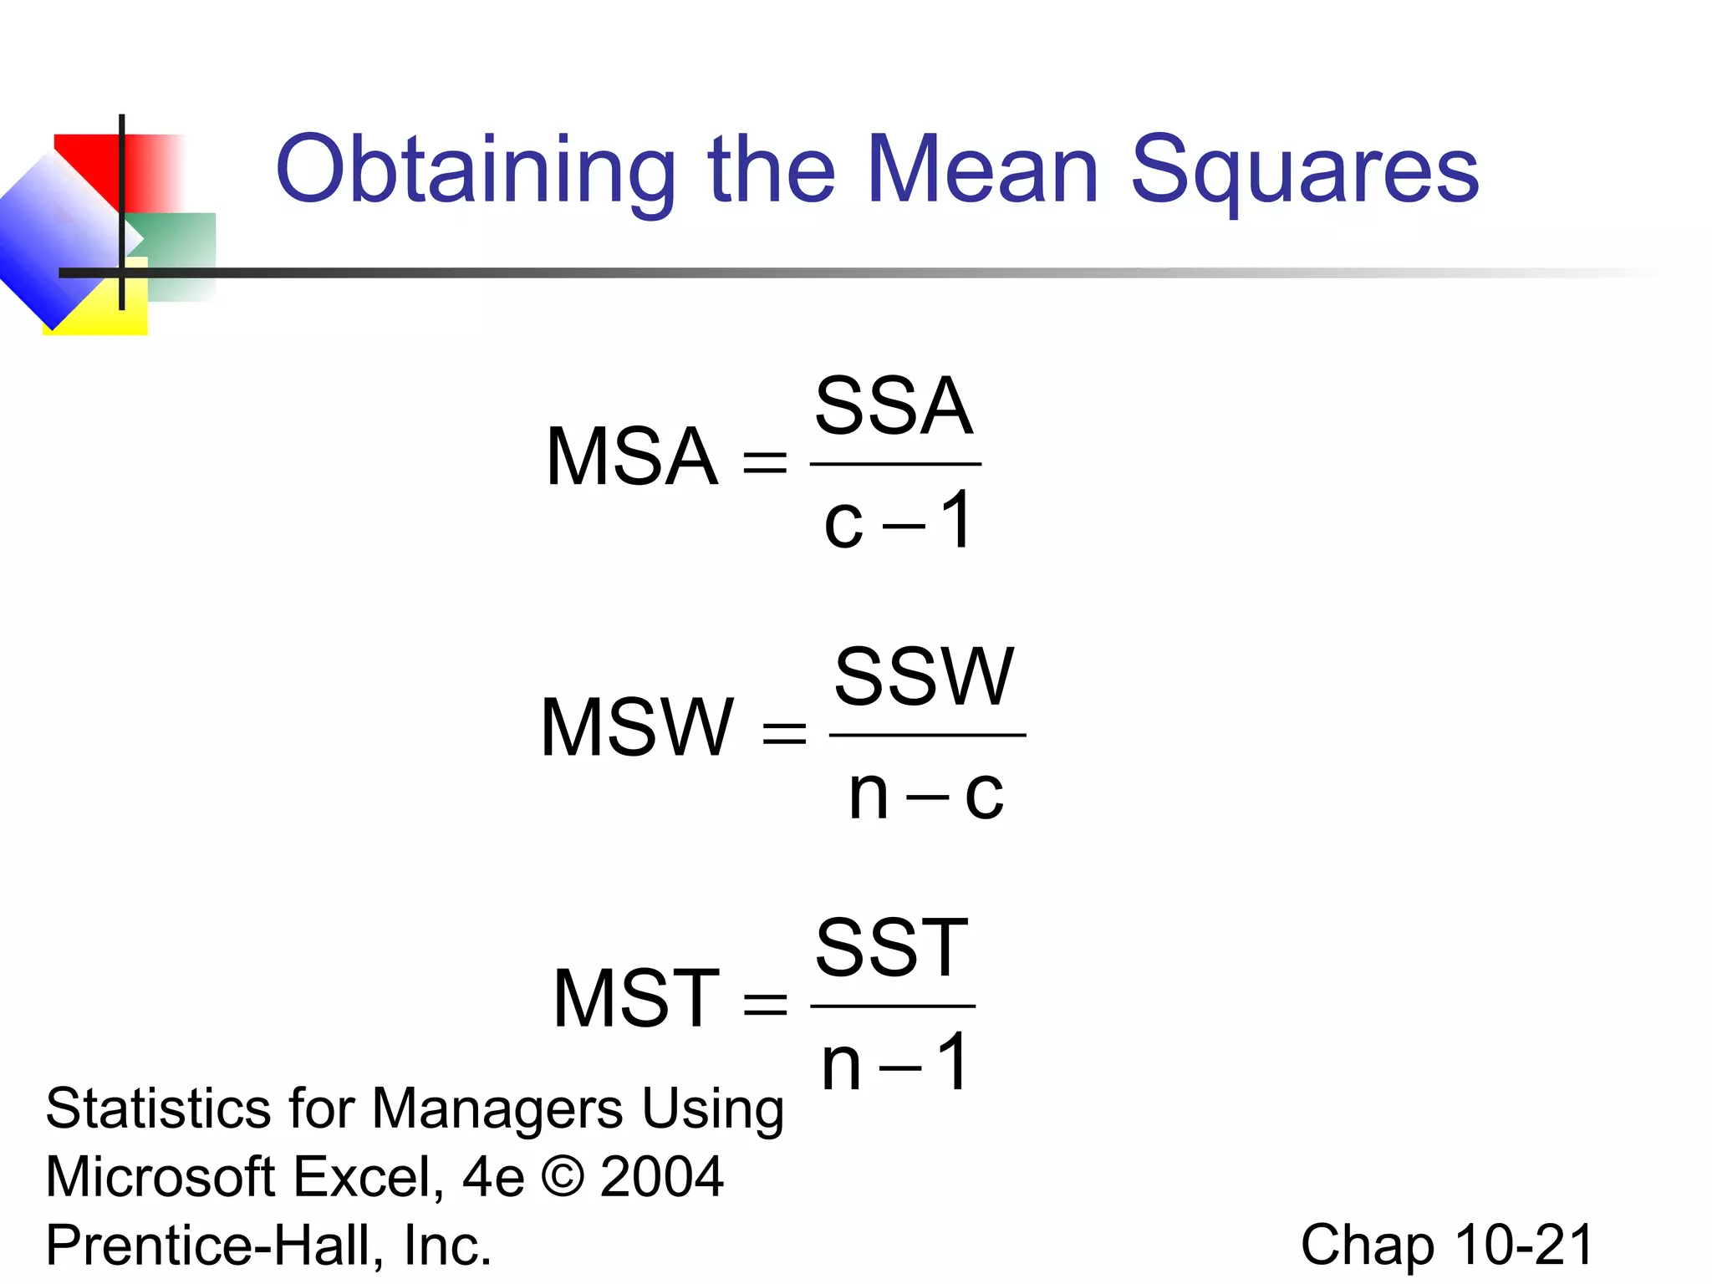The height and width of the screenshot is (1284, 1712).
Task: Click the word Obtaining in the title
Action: pos(475,171)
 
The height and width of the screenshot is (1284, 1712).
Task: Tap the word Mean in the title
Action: pos(982,170)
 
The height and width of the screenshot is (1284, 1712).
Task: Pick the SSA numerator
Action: pos(894,406)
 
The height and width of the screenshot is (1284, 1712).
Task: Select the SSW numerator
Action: pos(925,676)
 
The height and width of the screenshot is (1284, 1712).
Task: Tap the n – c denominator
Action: pos(925,793)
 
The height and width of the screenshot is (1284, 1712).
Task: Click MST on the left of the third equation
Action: pos(636,998)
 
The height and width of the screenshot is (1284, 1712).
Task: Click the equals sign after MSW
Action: pos(784,733)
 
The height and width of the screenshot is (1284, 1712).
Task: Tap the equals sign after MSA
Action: pos(765,462)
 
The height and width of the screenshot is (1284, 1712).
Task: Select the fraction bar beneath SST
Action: pos(893,1006)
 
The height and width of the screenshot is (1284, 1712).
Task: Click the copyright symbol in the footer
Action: pos(563,1177)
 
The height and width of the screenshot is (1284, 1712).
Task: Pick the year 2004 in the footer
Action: pos(661,1177)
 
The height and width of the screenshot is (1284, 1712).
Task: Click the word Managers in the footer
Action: pos(497,1109)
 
